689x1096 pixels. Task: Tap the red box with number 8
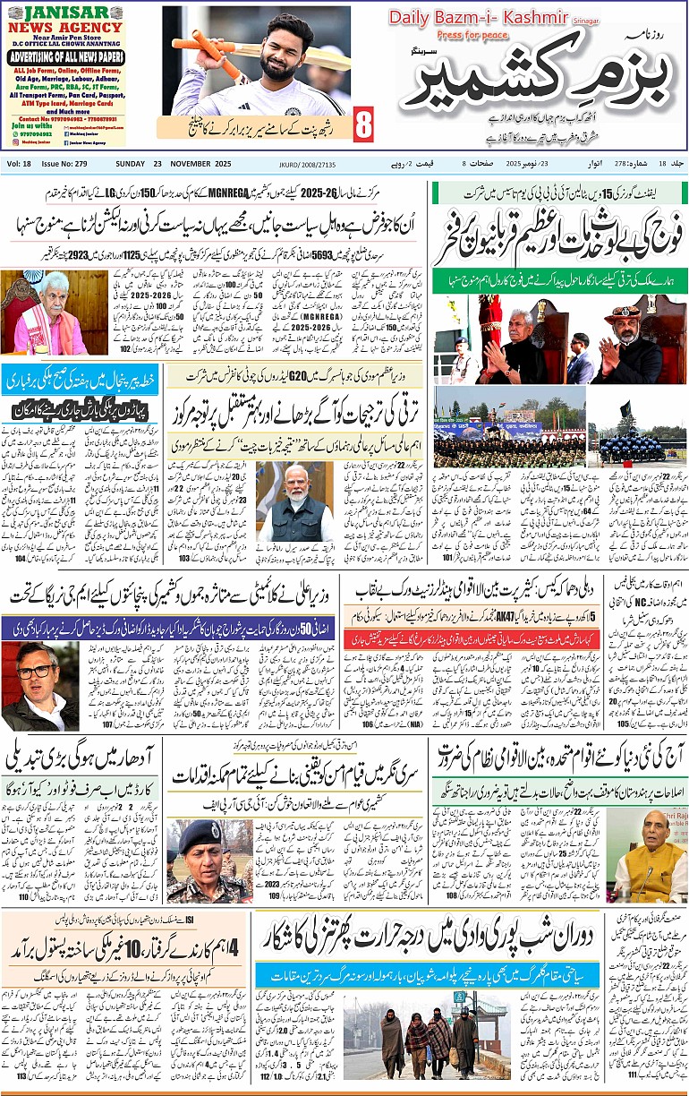click(362, 124)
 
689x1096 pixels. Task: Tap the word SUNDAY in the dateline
click(131, 164)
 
